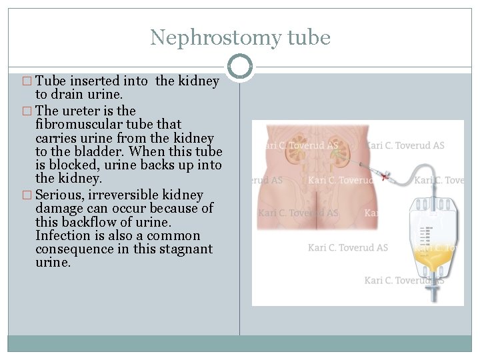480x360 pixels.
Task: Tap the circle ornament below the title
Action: [x=240, y=67]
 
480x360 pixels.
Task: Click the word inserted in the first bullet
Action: [x=125, y=81]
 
